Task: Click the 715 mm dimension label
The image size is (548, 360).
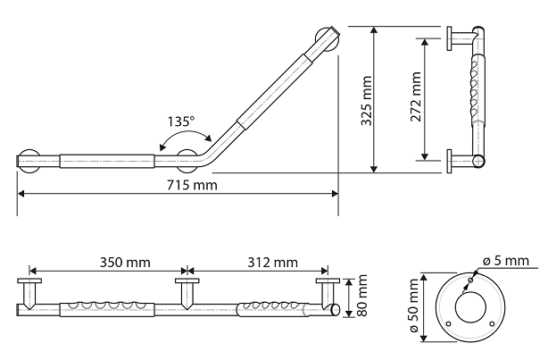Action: [x=192, y=185]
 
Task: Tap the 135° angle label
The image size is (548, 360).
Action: [x=180, y=121]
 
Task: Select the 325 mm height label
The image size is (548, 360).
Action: [x=366, y=100]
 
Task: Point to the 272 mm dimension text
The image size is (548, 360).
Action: [x=416, y=96]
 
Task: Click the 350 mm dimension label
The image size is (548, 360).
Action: [x=125, y=262]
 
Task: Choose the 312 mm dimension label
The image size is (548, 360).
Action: [x=273, y=262]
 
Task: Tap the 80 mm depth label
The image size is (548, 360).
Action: [x=362, y=296]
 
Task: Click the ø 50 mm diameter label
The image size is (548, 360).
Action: [x=413, y=306]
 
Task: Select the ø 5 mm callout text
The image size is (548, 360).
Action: [x=506, y=261]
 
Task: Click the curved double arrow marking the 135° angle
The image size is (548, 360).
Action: [x=185, y=132]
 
